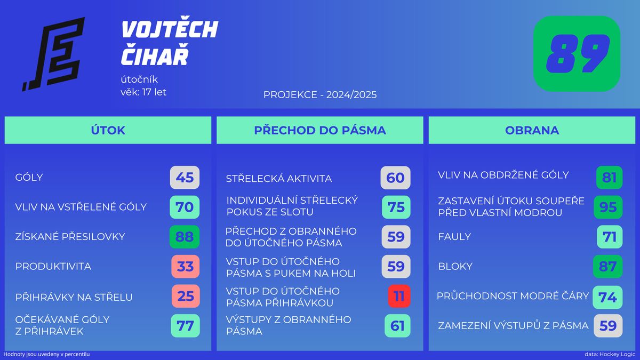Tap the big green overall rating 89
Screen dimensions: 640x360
point(577,54)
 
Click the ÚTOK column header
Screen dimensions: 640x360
point(108,130)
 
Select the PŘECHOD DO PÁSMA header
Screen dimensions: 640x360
point(320,130)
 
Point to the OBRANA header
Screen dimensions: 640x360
point(532,130)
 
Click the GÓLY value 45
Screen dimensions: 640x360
point(185,178)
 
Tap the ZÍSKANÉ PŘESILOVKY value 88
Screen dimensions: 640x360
point(185,237)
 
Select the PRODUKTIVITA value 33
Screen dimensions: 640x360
point(186,266)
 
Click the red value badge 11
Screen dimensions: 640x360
point(399,296)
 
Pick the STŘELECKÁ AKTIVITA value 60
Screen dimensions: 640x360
point(395,178)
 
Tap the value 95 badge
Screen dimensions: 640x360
point(608,207)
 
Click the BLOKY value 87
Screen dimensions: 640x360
point(607,266)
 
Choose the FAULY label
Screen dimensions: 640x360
point(454,237)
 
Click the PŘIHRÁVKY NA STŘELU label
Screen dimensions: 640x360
point(74,297)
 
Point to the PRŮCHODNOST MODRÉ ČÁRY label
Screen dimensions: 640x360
point(513,296)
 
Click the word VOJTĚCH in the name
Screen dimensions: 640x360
point(170,29)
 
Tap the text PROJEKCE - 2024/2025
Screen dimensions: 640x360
point(320,94)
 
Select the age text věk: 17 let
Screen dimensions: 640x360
point(143,92)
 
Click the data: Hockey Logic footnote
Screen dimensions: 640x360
point(610,354)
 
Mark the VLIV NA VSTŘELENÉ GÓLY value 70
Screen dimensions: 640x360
point(185,207)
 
